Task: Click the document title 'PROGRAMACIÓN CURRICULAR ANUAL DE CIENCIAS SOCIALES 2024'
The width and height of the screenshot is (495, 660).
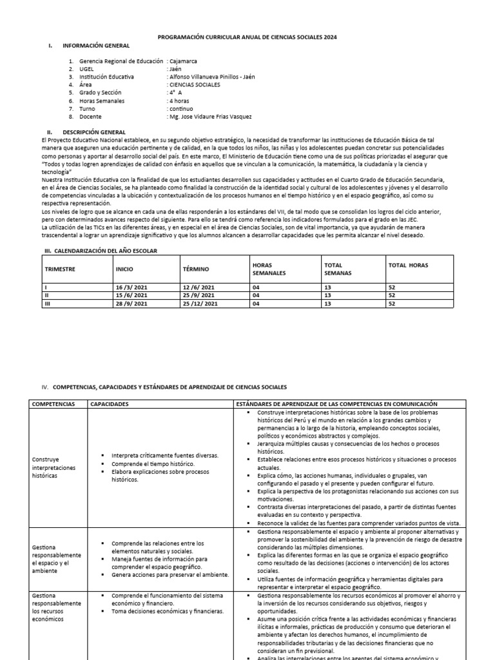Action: click(x=247, y=37)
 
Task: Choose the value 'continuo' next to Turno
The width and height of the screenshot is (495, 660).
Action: click(x=180, y=109)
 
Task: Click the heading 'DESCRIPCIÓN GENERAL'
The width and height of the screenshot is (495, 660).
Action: click(x=98, y=131)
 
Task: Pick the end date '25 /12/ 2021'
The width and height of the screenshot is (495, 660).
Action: click(x=201, y=304)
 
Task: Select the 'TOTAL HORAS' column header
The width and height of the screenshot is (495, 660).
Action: click(x=408, y=265)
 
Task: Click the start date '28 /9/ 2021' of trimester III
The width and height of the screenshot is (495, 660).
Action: click(x=132, y=304)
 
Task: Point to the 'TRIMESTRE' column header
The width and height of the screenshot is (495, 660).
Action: click(x=61, y=265)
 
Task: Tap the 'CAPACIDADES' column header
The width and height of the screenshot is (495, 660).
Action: click(x=110, y=403)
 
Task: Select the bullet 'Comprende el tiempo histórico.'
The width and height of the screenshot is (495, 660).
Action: click(x=152, y=463)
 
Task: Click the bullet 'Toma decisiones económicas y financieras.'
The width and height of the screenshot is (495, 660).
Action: click(x=168, y=611)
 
